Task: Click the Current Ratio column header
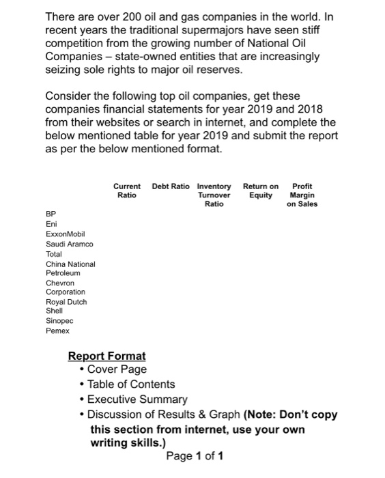pyautogui.click(x=126, y=191)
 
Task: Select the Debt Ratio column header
pyautogui.click(x=171, y=186)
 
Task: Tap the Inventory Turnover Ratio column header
pyautogui.click(x=214, y=195)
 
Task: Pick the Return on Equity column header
pyautogui.click(x=261, y=191)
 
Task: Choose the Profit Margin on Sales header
pyautogui.click(x=302, y=195)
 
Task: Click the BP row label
pyautogui.click(x=50, y=213)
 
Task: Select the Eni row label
pyautogui.click(x=51, y=223)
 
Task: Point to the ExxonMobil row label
pyautogui.click(x=64, y=234)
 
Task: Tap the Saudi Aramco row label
pyautogui.click(x=69, y=244)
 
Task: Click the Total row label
pyautogui.click(x=54, y=253)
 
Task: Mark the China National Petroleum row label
pyautogui.click(x=70, y=268)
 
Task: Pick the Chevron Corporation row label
pyautogui.click(x=65, y=287)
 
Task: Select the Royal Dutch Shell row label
pyautogui.click(x=66, y=305)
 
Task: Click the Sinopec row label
pyautogui.click(x=59, y=320)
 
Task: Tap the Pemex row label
pyautogui.click(x=57, y=331)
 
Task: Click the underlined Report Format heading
pyautogui.click(x=106, y=356)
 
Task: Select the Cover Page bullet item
pyautogui.click(x=117, y=370)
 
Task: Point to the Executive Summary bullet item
pyautogui.click(x=137, y=399)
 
